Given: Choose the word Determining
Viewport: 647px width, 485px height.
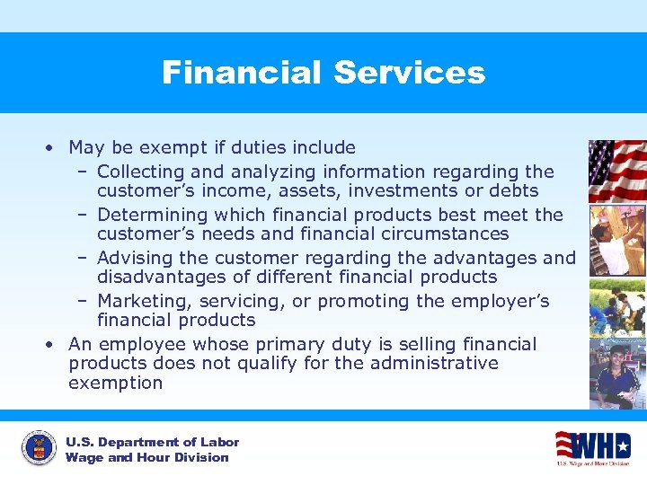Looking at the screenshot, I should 150,215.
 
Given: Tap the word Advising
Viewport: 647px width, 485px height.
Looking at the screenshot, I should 134,258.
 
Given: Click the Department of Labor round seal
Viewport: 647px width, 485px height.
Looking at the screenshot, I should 38,449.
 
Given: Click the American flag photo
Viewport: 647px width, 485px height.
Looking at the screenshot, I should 616,171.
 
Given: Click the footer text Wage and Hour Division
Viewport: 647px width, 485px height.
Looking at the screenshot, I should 146,458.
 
